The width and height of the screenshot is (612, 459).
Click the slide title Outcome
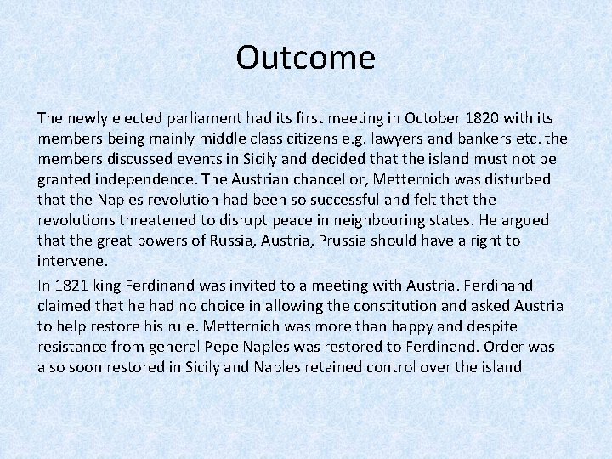(305, 58)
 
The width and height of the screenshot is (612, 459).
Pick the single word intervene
(72, 261)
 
